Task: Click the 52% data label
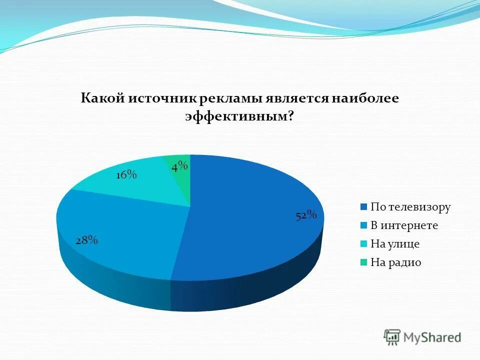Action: coord(306,215)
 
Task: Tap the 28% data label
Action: coord(86,240)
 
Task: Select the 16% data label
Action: coord(126,174)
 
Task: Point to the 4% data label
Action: coord(179,166)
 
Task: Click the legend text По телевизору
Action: coord(410,207)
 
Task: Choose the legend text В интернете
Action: coord(404,225)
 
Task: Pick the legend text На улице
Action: coord(394,244)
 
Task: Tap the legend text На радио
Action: coord(395,262)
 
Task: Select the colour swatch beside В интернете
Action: coord(364,226)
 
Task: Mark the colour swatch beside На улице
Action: coord(364,244)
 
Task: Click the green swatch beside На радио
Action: coord(364,263)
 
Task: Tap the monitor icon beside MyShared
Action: coord(392,337)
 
